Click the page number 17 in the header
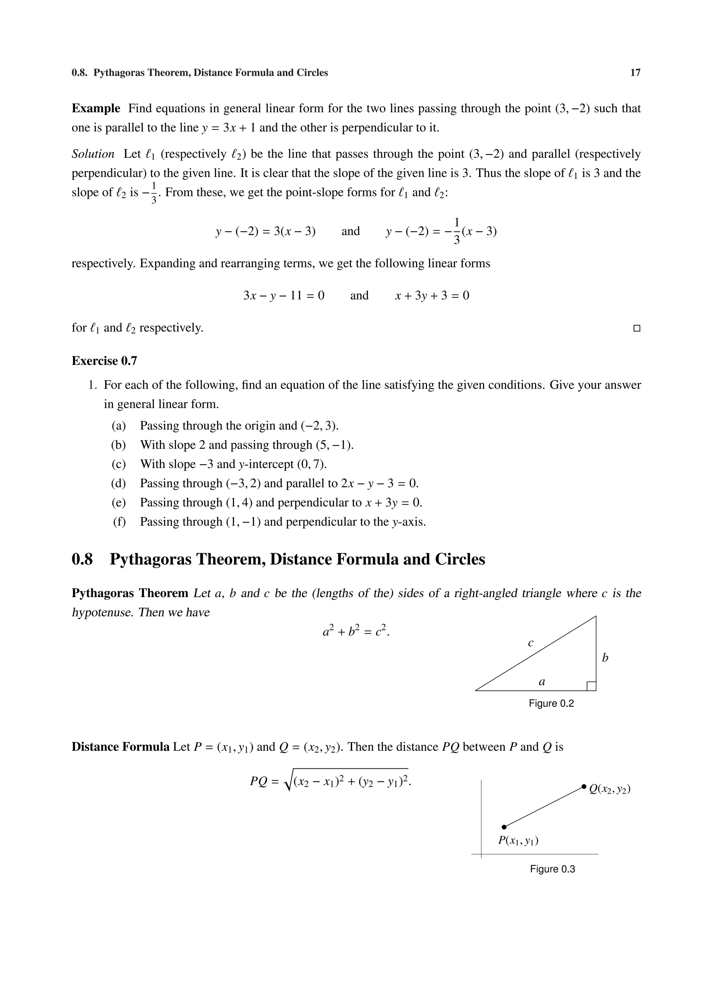coord(635,73)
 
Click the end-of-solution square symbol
coord(636,329)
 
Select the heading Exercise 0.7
coord(104,361)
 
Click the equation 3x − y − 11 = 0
coord(284,296)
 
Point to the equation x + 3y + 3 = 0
coord(432,296)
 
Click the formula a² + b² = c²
coord(356,631)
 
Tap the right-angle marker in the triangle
coord(591,686)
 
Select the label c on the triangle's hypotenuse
coord(531,643)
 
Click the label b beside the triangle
coord(605,658)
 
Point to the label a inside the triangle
coord(541,682)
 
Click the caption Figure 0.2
coord(551,704)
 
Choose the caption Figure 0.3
coord(552,869)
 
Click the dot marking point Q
coord(584,786)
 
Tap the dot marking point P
coord(504,827)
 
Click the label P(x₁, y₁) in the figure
coord(518,841)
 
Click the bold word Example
coord(96,108)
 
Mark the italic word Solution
coord(93,154)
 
